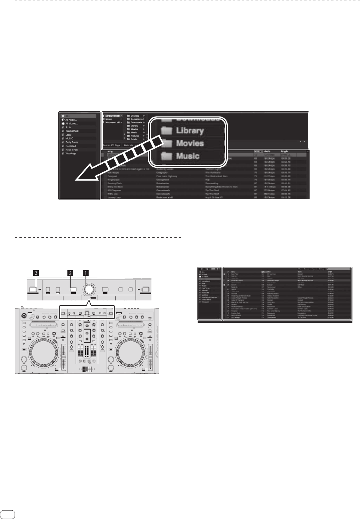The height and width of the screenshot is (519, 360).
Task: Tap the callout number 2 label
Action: pyautogui.click(x=70, y=273)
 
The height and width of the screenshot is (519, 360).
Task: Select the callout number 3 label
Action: pyautogui.click(x=36, y=273)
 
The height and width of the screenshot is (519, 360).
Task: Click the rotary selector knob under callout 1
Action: pyautogui.click(x=89, y=289)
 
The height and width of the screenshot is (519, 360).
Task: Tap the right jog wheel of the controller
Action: pyautogui.click(x=132, y=350)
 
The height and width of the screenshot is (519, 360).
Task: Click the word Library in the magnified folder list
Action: pyautogui.click(x=190, y=131)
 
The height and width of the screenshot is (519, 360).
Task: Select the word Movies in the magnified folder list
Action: pyautogui.click(x=190, y=143)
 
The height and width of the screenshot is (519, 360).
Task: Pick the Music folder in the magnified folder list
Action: pyautogui.click(x=187, y=156)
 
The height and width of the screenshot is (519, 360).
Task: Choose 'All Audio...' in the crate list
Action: pyautogui.click(x=71, y=120)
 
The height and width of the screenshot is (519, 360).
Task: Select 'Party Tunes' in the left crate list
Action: pyautogui.click(x=72, y=142)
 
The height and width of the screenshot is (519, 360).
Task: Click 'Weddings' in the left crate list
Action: pyautogui.click(x=71, y=154)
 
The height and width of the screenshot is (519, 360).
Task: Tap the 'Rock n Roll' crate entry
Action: pyautogui.click(x=71, y=150)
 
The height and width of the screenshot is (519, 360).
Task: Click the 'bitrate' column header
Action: pyautogui.click(x=267, y=151)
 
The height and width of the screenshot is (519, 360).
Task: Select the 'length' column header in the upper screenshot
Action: pyautogui.click(x=284, y=151)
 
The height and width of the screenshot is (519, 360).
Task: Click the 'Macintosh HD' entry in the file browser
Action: pyautogui.click(x=112, y=123)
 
